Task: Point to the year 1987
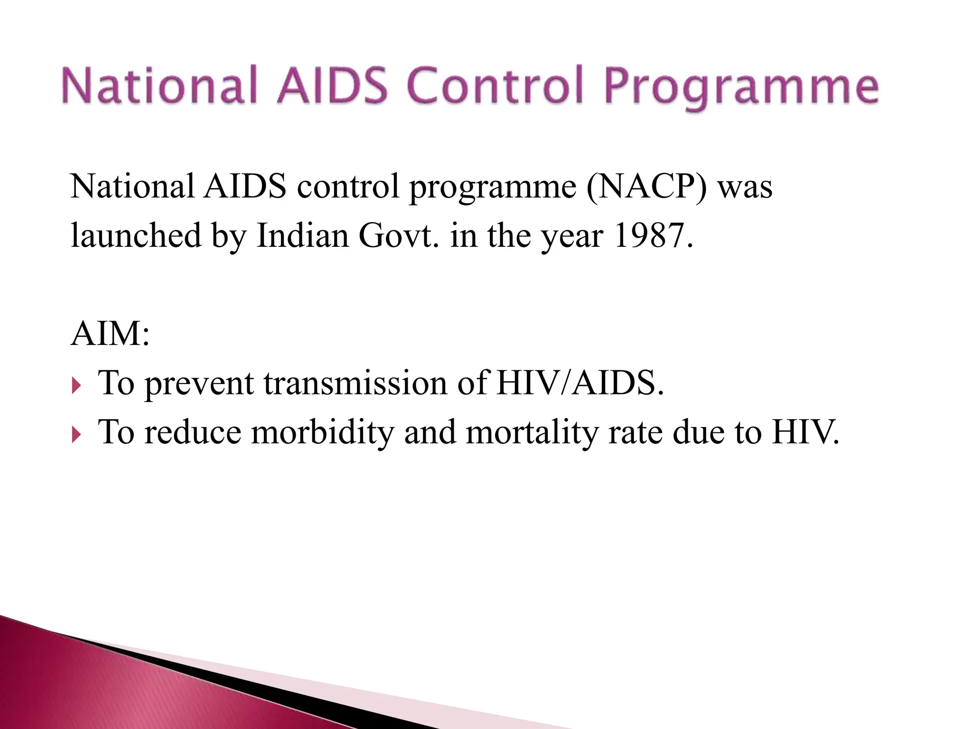(653, 235)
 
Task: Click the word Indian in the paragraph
(303, 235)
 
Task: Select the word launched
(136, 235)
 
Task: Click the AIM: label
(110, 334)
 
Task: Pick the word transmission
(355, 383)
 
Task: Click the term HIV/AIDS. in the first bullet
(579, 383)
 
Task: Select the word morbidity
(323, 433)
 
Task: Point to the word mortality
(532, 433)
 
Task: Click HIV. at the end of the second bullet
(805, 432)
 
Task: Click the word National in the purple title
(159, 86)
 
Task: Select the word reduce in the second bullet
(193, 433)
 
